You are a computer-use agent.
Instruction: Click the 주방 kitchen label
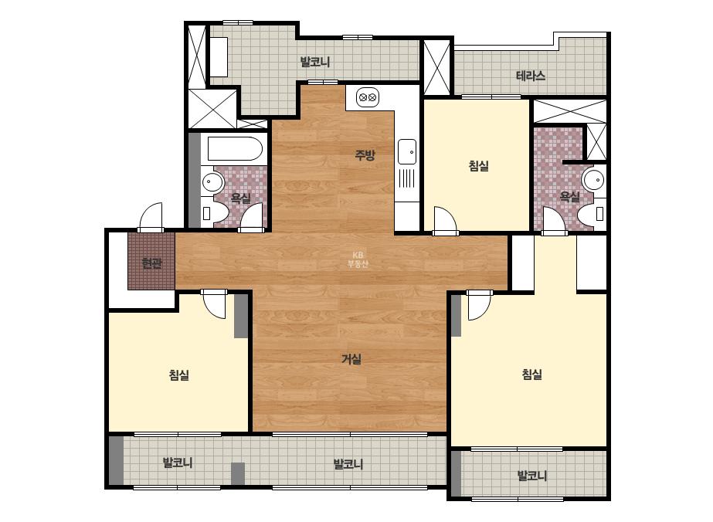[365, 155]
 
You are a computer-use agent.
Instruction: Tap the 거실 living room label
[351, 359]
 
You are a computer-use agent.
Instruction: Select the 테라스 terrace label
[531, 76]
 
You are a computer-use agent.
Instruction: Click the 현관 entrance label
[151, 263]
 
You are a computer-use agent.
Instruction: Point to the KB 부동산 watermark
[358, 259]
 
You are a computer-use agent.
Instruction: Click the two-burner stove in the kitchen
[368, 97]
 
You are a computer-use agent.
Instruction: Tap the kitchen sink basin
[407, 151]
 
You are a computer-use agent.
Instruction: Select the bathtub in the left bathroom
[235, 148]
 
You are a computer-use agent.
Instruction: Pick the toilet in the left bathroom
[214, 214]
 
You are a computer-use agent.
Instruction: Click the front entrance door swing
[151, 217]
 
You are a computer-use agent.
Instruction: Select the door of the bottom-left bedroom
[214, 303]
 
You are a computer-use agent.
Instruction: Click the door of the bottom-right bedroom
[479, 304]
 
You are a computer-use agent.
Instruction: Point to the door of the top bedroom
[445, 221]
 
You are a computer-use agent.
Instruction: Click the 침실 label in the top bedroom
[479, 165]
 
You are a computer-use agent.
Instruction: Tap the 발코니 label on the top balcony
[315, 62]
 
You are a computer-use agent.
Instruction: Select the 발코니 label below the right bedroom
[532, 476]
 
